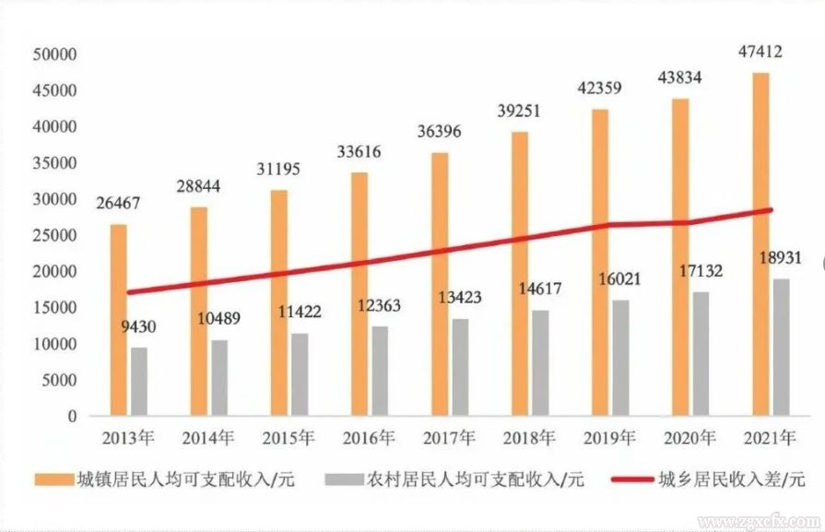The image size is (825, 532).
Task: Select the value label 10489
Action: click(219, 318)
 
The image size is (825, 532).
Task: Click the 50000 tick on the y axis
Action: click(54, 54)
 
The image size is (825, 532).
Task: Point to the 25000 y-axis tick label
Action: click(54, 235)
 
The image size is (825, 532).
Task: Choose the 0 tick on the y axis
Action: click(72, 416)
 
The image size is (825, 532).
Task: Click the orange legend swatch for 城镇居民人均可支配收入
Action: click(53, 479)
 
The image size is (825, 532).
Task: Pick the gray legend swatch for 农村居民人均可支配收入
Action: click(343, 479)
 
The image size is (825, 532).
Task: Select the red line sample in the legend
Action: click(630, 479)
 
